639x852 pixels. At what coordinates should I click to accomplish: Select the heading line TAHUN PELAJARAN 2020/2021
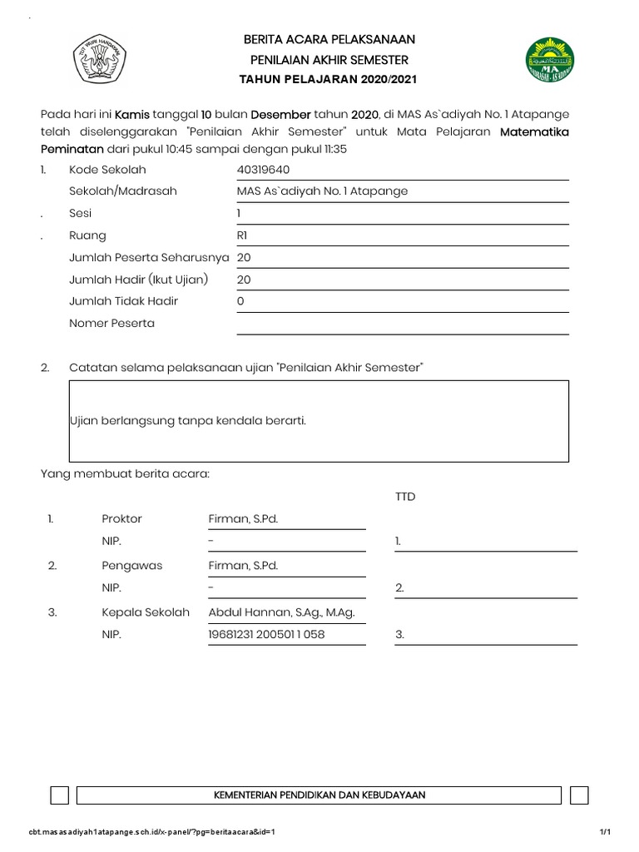coord(328,80)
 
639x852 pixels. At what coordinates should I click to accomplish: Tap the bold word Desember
coord(280,114)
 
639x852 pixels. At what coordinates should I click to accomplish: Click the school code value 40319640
coord(263,170)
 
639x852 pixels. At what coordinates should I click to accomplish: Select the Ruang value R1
coord(243,235)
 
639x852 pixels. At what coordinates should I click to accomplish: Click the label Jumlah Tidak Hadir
coord(123,301)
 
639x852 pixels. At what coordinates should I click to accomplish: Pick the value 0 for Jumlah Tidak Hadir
coord(240,301)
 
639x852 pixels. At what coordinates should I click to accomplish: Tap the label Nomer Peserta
coord(111,323)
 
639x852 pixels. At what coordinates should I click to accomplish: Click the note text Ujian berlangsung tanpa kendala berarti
coord(188,420)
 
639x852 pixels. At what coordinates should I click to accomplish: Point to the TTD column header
coord(405,497)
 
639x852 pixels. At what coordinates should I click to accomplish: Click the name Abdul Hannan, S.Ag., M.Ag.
coord(281,612)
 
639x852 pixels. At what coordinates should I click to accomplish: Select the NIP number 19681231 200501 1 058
coord(266,635)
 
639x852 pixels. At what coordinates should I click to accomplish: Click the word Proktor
coord(121,519)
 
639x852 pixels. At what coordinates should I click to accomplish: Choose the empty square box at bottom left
coord(59,795)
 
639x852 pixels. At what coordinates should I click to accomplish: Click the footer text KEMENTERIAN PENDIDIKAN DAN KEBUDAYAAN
coord(320,795)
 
